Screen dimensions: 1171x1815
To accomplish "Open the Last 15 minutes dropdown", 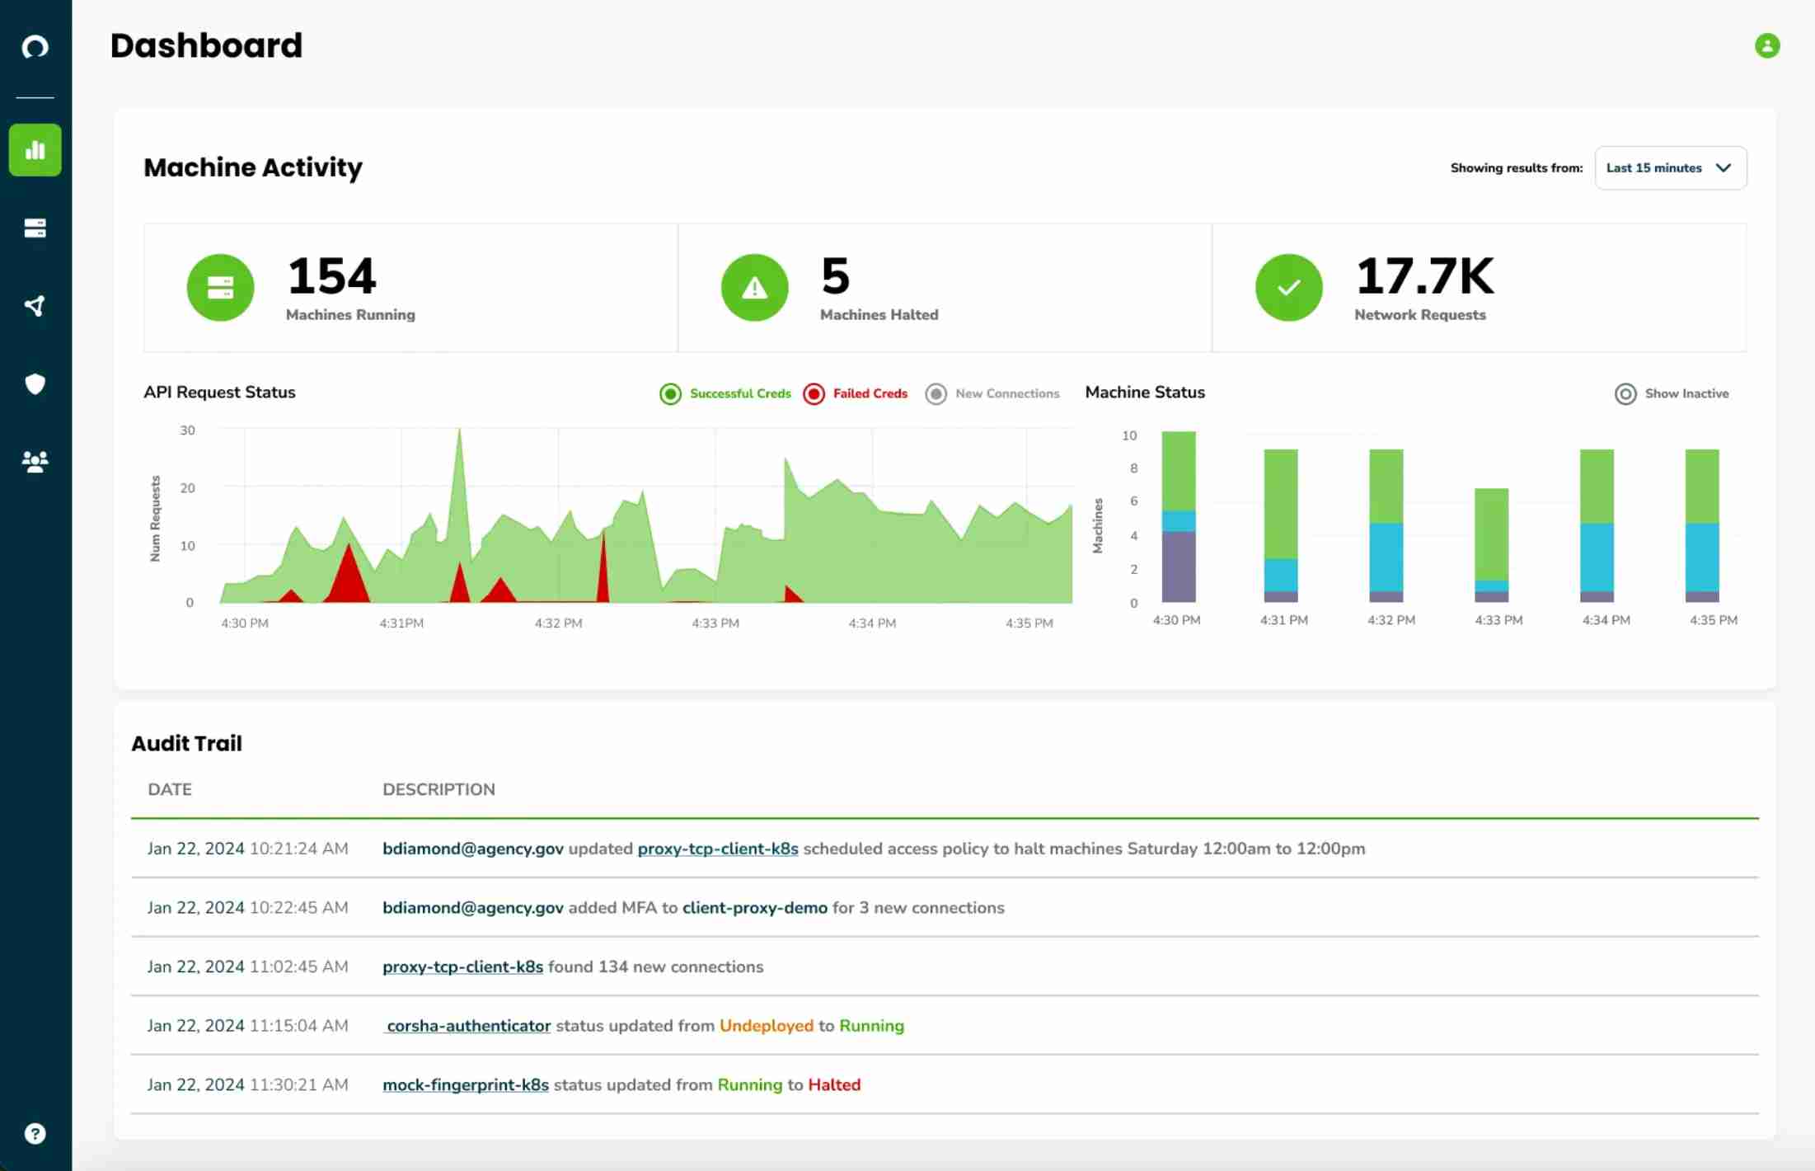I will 1670,168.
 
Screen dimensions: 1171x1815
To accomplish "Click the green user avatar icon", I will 1766,45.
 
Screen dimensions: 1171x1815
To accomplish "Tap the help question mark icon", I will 35,1133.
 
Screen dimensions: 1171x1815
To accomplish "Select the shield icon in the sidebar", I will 35,383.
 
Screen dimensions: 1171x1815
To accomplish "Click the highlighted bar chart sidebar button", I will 35,150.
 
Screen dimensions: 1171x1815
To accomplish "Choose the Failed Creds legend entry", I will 856,393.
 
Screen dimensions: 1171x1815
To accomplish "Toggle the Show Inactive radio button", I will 1625,393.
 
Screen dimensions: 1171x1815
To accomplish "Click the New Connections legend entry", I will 993,393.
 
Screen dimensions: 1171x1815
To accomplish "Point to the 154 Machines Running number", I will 331,275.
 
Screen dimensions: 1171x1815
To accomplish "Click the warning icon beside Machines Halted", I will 754,287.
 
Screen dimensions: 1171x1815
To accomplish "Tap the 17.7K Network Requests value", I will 1423,275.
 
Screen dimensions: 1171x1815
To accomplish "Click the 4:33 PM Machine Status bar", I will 1491,544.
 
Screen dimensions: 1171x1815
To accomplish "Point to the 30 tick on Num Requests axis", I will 188,430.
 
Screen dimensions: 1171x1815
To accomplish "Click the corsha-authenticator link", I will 468,1026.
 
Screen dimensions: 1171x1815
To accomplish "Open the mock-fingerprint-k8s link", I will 466,1085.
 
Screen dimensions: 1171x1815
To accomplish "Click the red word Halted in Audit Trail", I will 834,1085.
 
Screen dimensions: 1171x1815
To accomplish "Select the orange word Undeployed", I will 766,1026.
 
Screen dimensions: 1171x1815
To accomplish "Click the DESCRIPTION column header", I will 439,789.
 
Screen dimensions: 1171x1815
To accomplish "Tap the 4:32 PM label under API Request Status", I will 558,623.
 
